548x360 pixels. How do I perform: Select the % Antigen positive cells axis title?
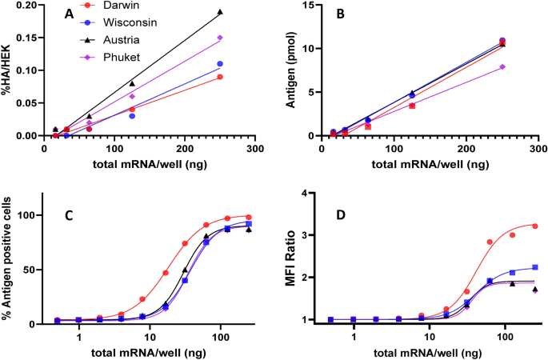(x=9, y=264)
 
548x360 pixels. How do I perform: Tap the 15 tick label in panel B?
(x=315, y=6)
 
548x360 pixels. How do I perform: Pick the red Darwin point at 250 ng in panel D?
(x=534, y=226)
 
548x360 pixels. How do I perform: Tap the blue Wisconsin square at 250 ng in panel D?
(x=534, y=267)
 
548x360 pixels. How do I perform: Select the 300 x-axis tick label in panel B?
(x=538, y=149)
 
